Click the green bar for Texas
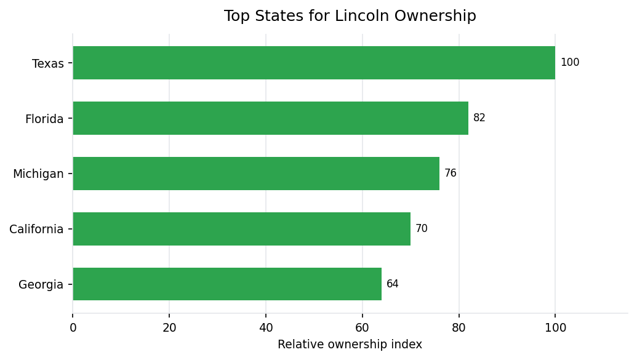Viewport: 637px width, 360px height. point(314,63)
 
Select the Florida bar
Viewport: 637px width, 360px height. point(271,118)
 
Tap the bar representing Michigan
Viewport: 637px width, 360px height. point(256,174)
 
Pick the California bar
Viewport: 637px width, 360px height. point(242,229)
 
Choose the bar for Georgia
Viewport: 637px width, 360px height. point(227,284)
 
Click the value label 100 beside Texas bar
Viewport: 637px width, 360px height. point(569,63)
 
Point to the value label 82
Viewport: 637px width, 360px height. point(479,118)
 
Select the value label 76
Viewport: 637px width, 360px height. point(451,174)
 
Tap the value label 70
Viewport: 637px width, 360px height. point(422,229)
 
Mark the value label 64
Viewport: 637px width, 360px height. point(393,284)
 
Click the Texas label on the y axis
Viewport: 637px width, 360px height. point(47,64)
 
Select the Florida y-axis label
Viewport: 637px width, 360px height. point(44,119)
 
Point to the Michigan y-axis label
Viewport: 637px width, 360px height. point(38,175)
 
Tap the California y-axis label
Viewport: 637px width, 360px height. point(36,230)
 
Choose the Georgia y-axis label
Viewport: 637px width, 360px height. point(41,285)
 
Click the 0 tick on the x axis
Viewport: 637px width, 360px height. point(73,328)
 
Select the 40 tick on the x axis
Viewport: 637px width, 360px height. point(266,328)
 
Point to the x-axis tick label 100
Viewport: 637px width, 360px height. point(555,328)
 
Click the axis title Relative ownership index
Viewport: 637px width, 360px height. point(350,345)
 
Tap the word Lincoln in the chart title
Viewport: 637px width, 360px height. point(359,17)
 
